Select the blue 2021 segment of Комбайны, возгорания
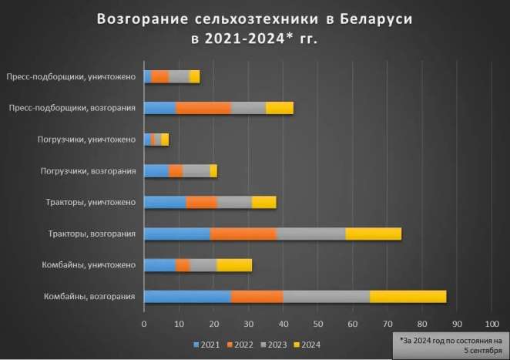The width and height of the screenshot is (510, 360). click(187, 297)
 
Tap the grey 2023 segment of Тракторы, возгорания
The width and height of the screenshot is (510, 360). click(310, 234)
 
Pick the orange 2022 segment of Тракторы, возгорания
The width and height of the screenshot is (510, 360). click(243, 234)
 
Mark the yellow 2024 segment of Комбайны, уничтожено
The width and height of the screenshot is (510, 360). click(234, 265)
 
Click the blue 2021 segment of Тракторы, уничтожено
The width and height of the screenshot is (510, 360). click(165, 202)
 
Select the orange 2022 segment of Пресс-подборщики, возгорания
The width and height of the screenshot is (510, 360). click(203, 108)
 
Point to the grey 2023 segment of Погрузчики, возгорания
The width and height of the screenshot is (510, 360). click(196, 170)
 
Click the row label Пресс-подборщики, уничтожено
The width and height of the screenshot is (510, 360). click(71, 76)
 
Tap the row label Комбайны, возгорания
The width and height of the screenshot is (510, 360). click(89, 297)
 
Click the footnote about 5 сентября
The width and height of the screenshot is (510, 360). click(450, 345)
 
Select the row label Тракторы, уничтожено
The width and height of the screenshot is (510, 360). click(92, 202)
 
